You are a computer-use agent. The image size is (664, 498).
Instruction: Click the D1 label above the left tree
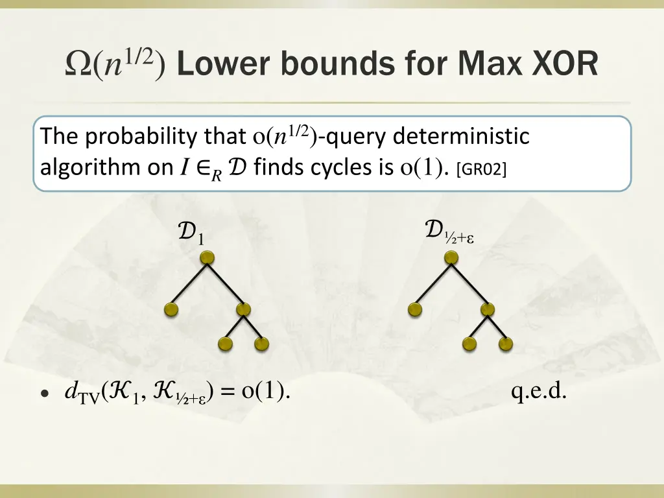click(x=191, y=233)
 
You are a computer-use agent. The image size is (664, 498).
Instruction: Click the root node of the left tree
click(x=207, y=259)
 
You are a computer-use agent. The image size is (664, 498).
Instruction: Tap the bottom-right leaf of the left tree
click(x=261, y=344)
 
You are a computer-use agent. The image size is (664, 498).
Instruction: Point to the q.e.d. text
click(x=539, y=392)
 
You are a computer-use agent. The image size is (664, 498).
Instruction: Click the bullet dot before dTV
click(x=44, y=394)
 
